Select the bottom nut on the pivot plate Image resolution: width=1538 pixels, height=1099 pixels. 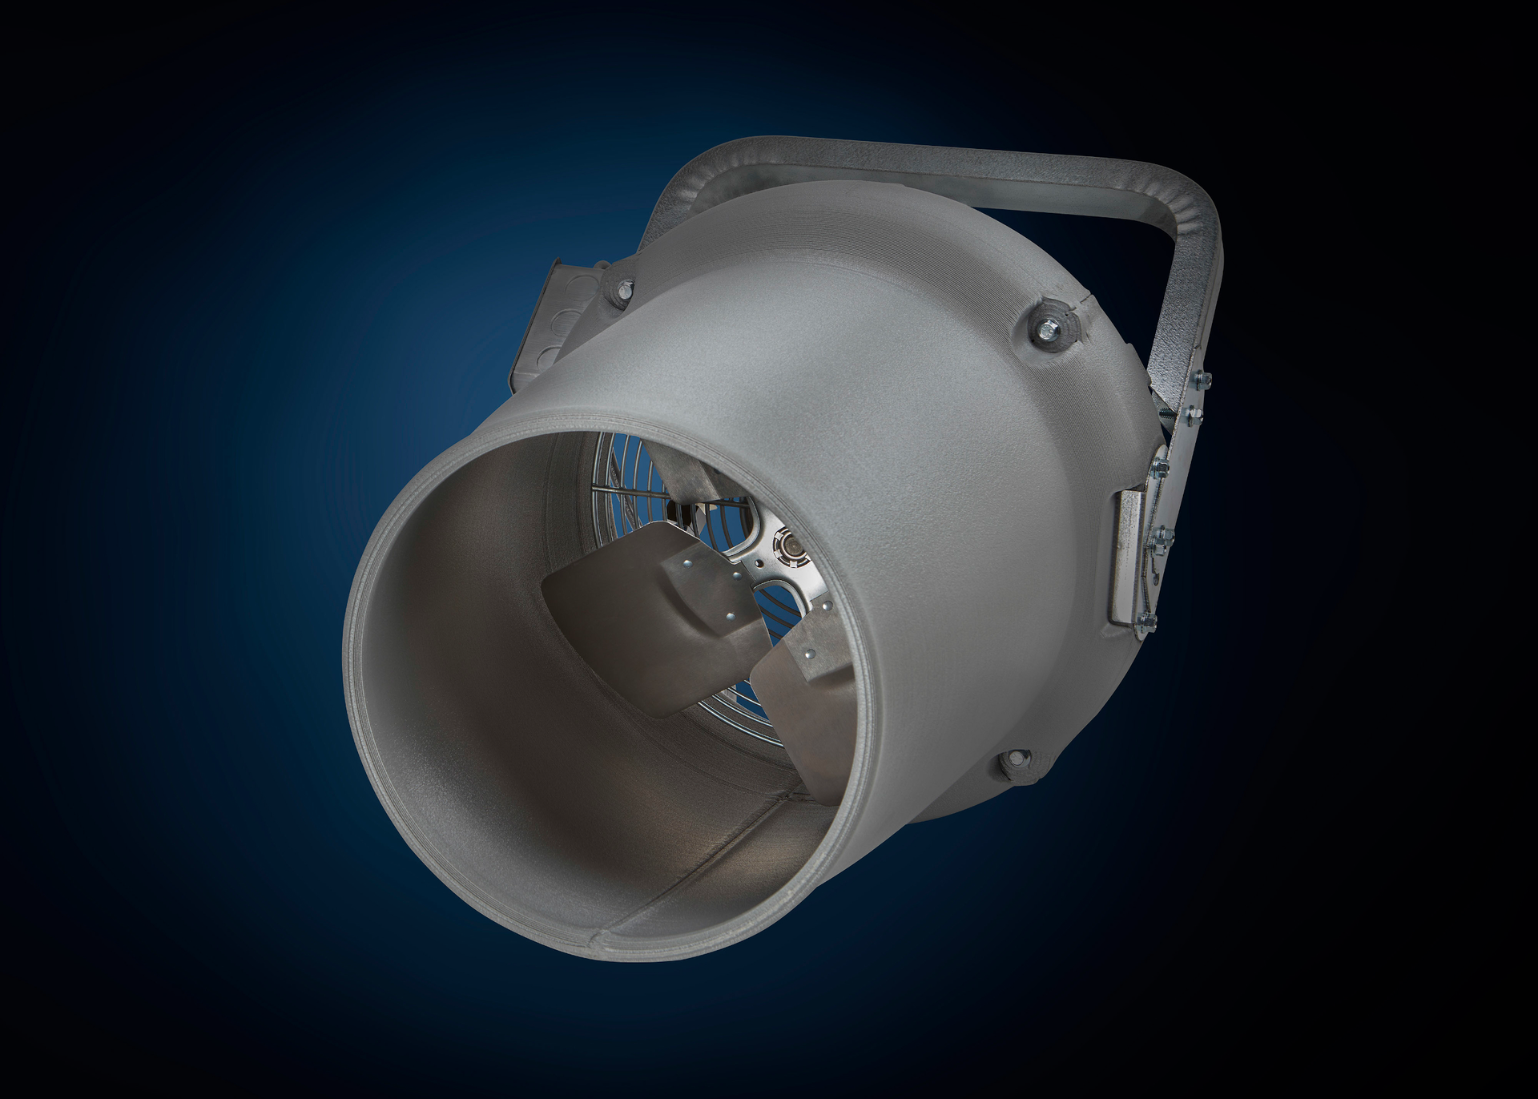pyautogui.click(x=1147, y=618)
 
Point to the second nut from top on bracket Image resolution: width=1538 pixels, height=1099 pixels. pyautogui.click(x=1193, y=414)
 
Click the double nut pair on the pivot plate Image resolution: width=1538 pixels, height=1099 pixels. pyautogui.click(x=1162, y=537)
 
